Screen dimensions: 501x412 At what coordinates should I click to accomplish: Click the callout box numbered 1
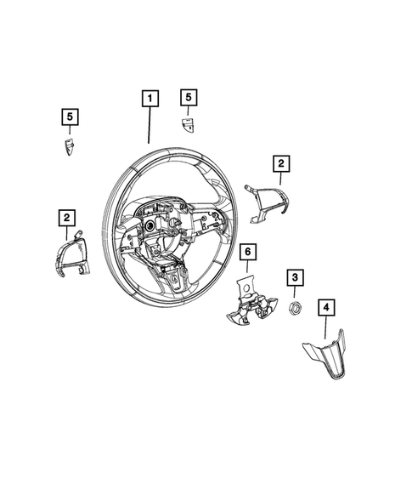[149, 100]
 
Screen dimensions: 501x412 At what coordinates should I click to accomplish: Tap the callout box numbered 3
[294, 277]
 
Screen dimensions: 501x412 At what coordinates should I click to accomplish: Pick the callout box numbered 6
[246, 252]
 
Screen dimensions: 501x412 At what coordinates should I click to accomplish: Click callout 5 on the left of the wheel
[70, 117]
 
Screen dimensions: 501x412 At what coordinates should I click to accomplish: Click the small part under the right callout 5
[189, 125]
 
